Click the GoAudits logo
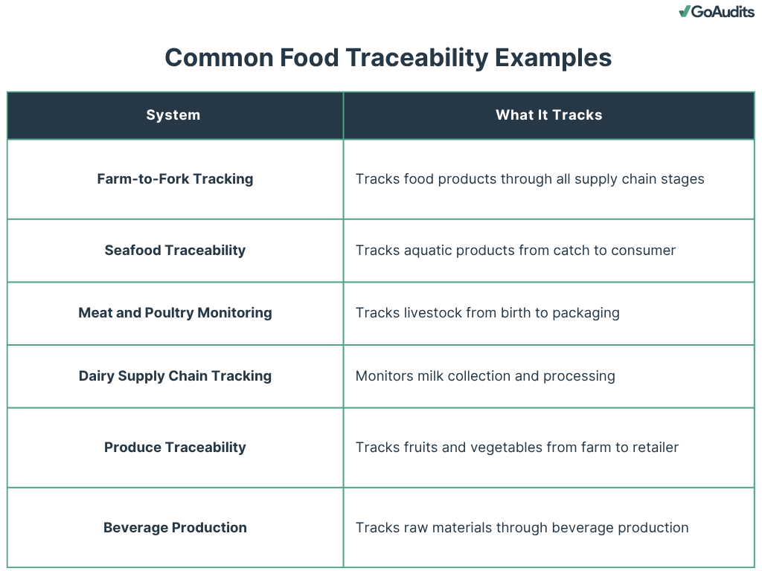(717, 12)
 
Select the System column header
(173, 115)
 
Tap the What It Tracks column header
(548, 115)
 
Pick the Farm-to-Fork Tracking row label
(175, 179)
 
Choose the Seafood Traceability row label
(175, 251)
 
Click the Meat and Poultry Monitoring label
(175, 313)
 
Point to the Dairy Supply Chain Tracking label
(175, 376)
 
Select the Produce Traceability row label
(175, 448)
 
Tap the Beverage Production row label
(175, 528)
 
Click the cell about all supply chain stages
(529, 179)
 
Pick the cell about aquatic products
(515, 251)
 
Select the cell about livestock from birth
(487, 313)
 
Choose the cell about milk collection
(485, 376)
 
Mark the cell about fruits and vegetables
(516, 448)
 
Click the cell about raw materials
(522, 528)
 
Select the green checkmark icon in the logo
(685, 12)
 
